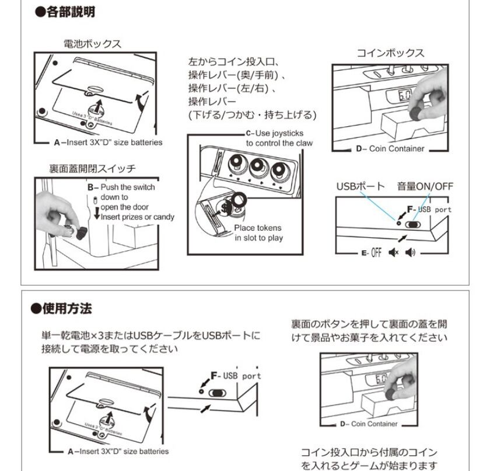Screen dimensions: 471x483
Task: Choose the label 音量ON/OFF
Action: click(425, 186)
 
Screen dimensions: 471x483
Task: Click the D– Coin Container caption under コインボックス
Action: click(393, 148)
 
